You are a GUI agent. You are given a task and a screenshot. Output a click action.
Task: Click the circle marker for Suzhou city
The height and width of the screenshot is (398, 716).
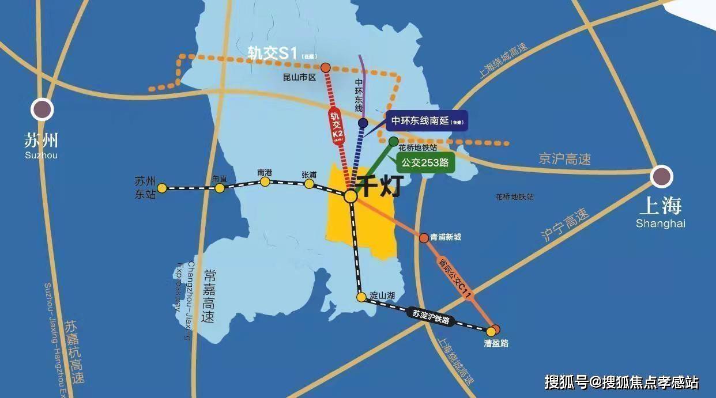pos(42,109)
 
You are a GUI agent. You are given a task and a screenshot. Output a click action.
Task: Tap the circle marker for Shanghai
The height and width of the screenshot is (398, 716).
pos(661,177)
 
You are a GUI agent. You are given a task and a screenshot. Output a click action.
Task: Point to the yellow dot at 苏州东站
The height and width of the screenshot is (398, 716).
pos(163,188)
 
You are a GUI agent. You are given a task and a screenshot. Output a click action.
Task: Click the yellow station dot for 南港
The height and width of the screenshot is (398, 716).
pos(265,182)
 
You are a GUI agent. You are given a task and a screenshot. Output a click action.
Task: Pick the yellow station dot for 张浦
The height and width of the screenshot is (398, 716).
pos(309,184)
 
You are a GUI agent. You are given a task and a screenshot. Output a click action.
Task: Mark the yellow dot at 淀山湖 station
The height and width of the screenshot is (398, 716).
pos(361,297)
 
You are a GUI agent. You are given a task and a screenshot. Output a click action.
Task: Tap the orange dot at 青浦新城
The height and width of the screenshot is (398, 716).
pos(424,237)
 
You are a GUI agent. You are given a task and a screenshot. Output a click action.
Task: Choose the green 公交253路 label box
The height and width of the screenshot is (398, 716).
pos(425,162)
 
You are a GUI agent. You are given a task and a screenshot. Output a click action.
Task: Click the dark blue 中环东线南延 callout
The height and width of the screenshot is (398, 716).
pos(427,121)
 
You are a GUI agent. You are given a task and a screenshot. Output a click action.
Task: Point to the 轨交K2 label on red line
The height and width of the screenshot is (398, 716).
pos(337,123)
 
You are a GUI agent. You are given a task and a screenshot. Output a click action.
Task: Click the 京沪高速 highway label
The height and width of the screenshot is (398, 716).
pos(564,158)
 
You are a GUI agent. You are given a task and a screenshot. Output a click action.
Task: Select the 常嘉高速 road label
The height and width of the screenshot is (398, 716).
pos(208,296)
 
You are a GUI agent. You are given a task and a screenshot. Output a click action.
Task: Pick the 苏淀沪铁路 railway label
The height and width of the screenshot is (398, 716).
pos(431,316)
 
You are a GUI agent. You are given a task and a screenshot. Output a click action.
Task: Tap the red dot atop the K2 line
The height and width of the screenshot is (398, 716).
pos(326,67)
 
